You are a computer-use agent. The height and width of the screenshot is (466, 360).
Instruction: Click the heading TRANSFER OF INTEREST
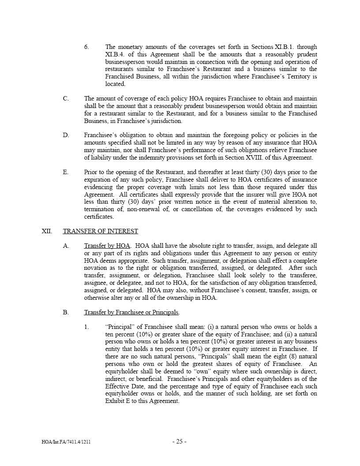click(100, 231)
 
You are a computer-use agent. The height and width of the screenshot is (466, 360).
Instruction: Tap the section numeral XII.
click(47, 231)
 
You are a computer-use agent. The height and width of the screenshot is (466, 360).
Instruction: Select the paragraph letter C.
click(66, 99)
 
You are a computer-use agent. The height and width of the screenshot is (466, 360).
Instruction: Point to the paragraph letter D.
click(66, 135)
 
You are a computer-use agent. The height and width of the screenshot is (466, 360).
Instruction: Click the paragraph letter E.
click(66, 172)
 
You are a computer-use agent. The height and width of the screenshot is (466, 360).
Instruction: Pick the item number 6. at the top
click(86, 47)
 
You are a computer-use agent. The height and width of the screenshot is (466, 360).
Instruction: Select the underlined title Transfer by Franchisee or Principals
click(131, 313)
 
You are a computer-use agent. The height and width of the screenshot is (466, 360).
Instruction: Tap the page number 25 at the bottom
click(180, 442)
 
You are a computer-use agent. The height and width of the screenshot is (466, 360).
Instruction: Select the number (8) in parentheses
click(273, 357)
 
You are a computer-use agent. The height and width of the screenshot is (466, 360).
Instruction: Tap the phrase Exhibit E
click(118, 401)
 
